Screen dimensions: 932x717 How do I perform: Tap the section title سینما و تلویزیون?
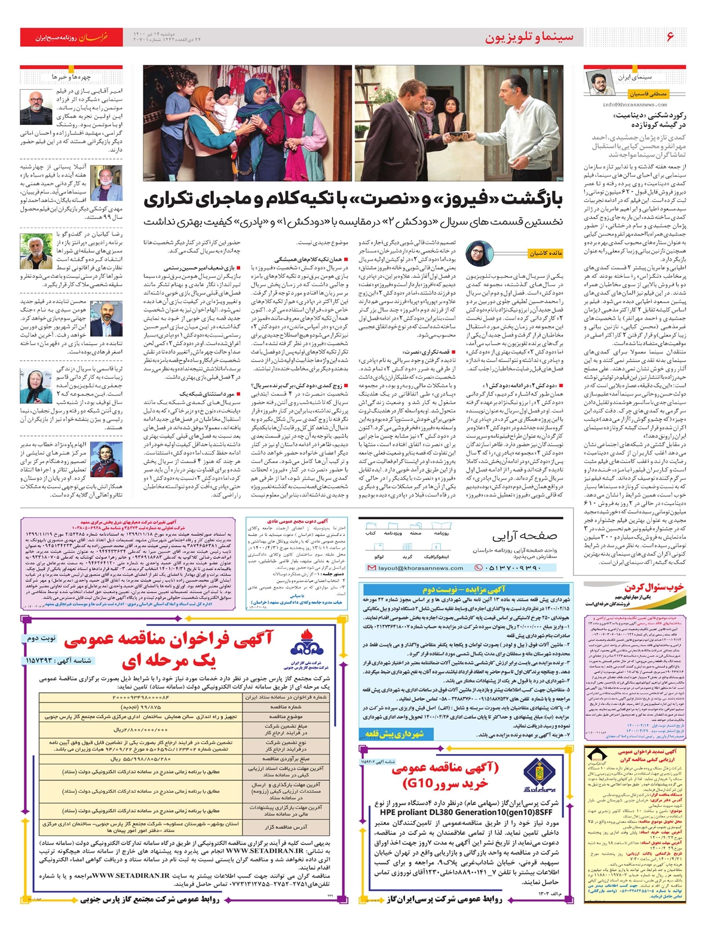click(529, 37)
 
